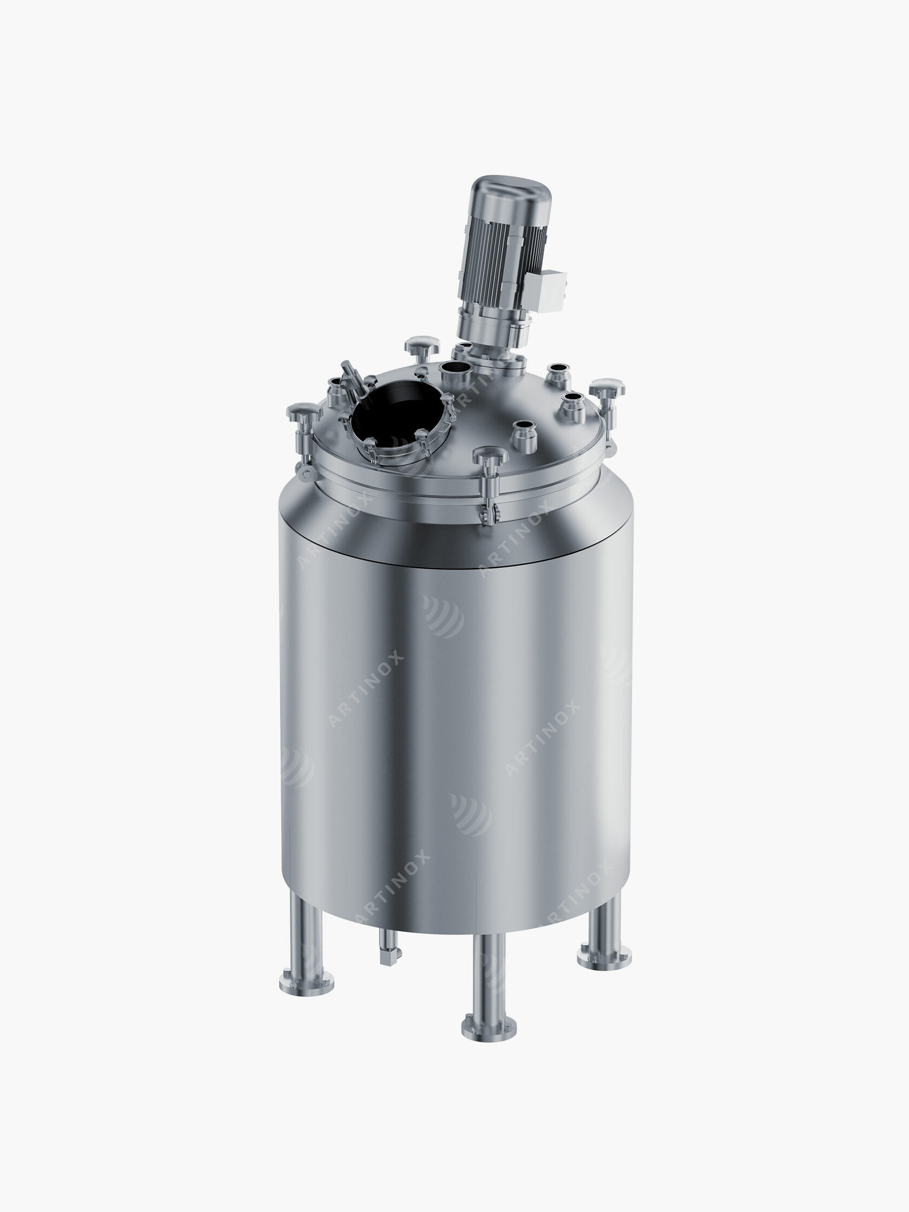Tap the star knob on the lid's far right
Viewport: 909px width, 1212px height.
click(607, 388)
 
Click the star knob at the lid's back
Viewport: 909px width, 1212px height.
click(423, 345)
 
